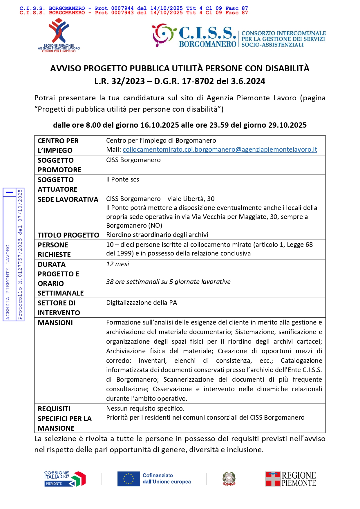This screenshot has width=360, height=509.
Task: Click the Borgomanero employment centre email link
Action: point(220,150)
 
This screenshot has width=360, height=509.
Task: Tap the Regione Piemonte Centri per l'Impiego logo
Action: point(59,35)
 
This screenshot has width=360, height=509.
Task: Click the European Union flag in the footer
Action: point(128,479)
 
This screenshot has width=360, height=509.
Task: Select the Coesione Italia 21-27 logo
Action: point(65,479)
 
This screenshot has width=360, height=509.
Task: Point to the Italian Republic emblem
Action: point(229,479)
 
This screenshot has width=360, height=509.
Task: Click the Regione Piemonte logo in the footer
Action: point(291,479)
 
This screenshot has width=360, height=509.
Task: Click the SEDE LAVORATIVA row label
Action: point(68,200)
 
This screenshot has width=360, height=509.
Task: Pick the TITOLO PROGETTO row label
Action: point(68,235)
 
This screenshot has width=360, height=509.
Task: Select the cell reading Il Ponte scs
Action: point(122,180)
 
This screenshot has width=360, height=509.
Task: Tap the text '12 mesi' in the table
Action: point(117,264)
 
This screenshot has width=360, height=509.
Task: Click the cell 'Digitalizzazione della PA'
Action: point(141,303)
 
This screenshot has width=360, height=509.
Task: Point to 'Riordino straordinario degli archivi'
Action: point(157,235)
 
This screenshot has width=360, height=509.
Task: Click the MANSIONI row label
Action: point(55,323)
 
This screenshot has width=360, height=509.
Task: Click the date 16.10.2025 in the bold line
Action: point(160,125)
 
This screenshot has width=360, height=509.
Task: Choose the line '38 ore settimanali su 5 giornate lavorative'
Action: point(168,282)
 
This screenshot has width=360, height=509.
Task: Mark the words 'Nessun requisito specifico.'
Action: point(145,409)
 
